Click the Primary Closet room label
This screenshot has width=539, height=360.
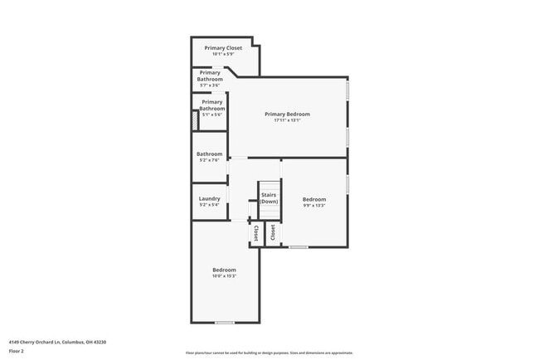tap(223, 48)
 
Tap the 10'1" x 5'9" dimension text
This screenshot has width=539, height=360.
tap(223, 55)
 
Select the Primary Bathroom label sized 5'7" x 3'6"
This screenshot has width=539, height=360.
tap(210, 76)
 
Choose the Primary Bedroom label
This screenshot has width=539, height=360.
tap(287, 114)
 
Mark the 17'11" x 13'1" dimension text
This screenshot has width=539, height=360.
tap(287, 120)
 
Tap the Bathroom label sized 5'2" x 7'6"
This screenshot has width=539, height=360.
tap(209, 153)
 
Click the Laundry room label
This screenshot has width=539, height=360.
tap(209, 198)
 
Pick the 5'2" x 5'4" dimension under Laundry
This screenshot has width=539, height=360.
tap(209, 205)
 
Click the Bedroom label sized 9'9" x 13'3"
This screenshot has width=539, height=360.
tap(314, 199)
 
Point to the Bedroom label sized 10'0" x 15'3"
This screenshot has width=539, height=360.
tap(224, 270)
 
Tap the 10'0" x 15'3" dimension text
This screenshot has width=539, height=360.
tap(224, 276)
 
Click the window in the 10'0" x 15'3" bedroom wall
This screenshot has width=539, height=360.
tap(224, 322)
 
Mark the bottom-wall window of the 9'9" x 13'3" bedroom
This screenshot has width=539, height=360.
tap(299, 246)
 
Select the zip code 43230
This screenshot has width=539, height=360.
tap(100, 342)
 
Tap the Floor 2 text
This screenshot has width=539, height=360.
tap(17, 351)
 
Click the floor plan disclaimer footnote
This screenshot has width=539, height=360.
tap(269, 353)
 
